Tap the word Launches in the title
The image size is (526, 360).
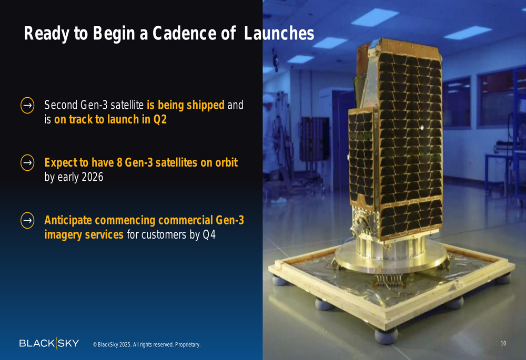click(x=279, y=33)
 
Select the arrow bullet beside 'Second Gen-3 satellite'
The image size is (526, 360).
click(x=27, y=105)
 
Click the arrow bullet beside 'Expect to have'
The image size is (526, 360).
click(x=27, y=162)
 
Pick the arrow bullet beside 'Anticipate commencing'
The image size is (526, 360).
click(x=27, y=220)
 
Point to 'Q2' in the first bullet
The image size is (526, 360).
click(x=160, y=119)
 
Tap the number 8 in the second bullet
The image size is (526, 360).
click(x=119, y=162)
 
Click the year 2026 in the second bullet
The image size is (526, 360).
click(x=92, y=177)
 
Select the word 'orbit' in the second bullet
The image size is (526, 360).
click(x=226, y=162)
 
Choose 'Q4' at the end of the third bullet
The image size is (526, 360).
click(x=209, y=234)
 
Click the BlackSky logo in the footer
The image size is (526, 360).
click(x=49, y=343)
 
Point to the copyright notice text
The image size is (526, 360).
click(x=147, y=345)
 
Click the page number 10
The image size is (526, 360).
click(x=503, y=343)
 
